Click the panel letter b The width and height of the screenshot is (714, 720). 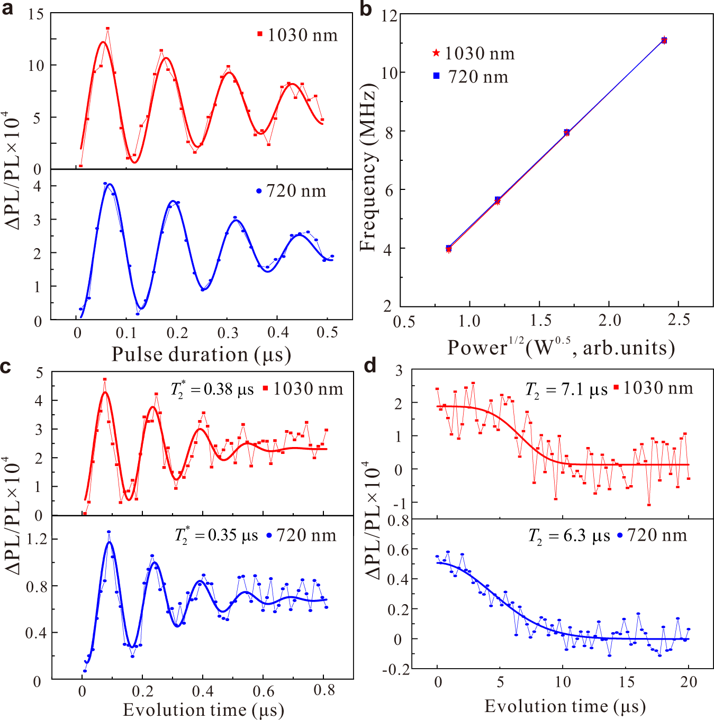pos(366,9)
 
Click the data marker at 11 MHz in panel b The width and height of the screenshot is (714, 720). pos(664,40)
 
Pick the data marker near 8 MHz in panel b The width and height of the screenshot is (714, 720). pos(567,132)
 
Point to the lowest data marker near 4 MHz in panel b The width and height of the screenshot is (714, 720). pos(449,249)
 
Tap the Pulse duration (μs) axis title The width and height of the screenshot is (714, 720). pos(201,354)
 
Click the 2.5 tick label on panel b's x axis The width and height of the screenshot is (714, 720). pos(679,320)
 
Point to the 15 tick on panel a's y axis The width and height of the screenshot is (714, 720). pos(36,14)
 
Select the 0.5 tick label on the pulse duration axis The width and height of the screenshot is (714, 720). pos(327,332)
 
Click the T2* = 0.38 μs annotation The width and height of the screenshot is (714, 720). pos(212,390)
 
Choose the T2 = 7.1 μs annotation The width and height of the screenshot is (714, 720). pos(566,390)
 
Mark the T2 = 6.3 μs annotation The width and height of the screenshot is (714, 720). pos(570,536)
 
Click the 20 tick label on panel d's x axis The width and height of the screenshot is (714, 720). pos(689,682)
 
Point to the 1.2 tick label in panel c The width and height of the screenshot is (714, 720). pos(37,539)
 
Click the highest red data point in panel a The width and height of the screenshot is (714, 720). pos(107,29)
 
